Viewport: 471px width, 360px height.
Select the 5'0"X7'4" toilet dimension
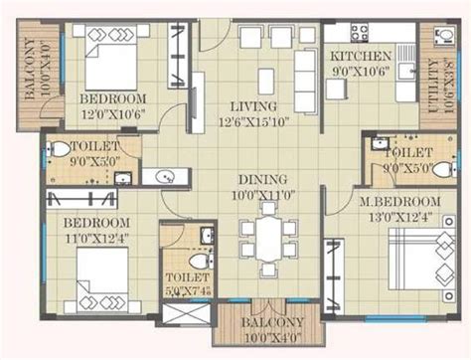[190, 291]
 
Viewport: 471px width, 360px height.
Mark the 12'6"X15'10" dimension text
[257, 121]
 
